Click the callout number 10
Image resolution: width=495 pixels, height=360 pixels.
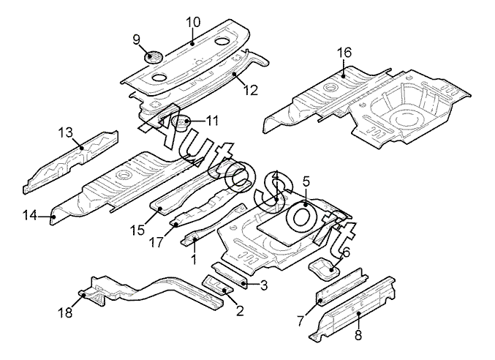coord(193,23)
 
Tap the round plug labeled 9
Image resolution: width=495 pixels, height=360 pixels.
coord(153,58)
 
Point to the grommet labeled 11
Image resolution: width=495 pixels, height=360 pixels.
coord(181,123)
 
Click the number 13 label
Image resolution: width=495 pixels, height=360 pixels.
coord(65,132)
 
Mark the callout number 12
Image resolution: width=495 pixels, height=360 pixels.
coord(251,90)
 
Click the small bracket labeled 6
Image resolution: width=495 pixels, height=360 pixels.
coord(324,269)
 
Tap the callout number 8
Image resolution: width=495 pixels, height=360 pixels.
coord(358,335)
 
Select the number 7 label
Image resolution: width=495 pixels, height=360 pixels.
coord(300,320)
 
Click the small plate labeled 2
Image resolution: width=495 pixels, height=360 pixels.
coord(219,286)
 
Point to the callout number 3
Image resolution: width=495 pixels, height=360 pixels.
coord(263,285)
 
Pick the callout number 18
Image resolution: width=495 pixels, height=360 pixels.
coord(65,312)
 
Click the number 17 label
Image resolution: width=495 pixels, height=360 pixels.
coord(156,242)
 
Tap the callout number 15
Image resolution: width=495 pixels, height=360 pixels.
coord(137,230)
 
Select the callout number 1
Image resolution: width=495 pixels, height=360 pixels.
coord(194,259)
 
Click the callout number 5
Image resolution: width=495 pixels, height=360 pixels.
coord(306,181)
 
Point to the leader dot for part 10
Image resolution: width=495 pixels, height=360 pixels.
coord(192,44)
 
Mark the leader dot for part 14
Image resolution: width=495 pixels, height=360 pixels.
coord(53,217)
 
